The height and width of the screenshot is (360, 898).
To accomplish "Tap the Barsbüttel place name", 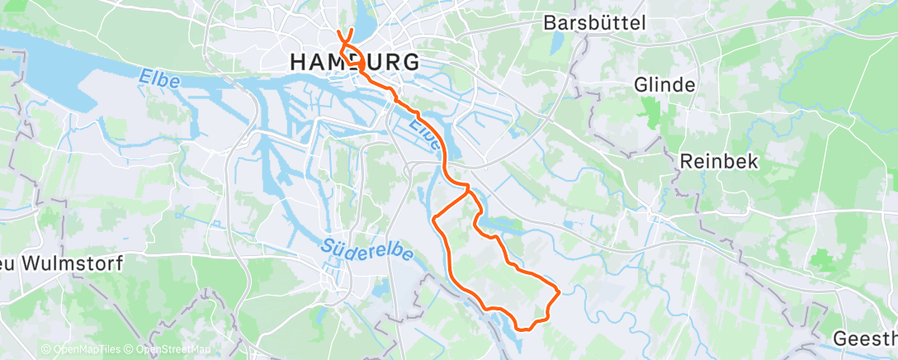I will (594, 23).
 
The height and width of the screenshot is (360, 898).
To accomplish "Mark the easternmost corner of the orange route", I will (560, 291).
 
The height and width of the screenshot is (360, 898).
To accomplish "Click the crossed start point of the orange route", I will (345, 36).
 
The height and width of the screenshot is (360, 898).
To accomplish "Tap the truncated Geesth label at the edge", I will (865, 339).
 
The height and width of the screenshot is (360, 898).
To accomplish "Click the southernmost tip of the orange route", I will (522, 329).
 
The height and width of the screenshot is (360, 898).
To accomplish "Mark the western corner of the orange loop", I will (434, 217).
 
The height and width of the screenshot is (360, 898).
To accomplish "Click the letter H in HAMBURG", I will (299, 62).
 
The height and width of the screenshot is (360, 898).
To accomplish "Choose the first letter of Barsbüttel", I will (549, 23).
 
